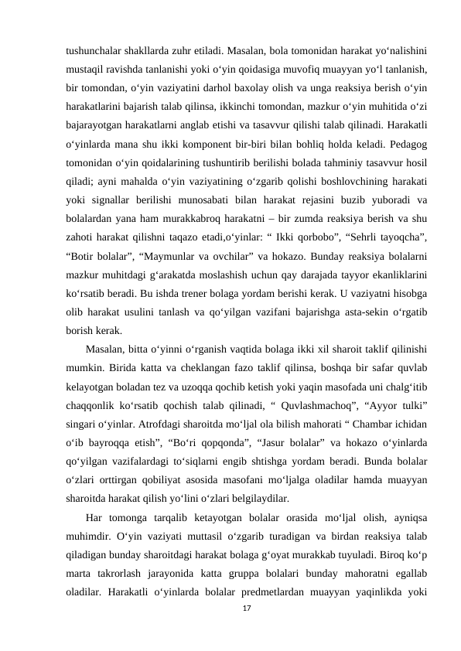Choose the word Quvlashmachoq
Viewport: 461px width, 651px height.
[303, 408]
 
